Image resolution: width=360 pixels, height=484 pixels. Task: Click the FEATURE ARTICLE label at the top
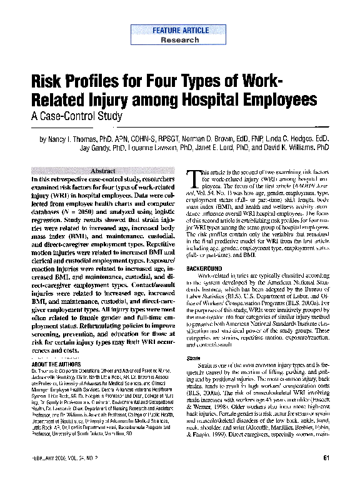179,30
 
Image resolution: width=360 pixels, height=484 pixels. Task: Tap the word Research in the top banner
179,39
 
